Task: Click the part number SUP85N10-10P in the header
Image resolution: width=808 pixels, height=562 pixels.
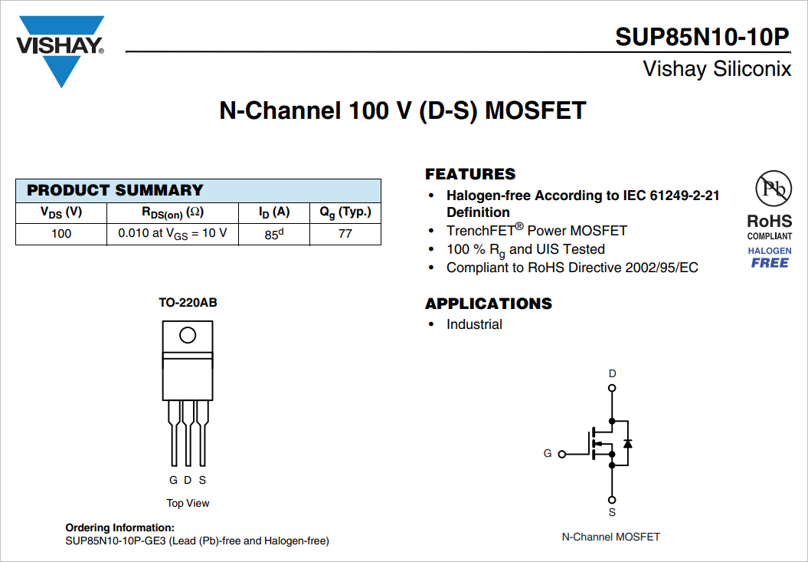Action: coord(702,37)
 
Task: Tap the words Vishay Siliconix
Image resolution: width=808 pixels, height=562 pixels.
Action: coord(717,69)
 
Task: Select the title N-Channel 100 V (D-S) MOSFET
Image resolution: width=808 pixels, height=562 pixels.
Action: coord(403,110)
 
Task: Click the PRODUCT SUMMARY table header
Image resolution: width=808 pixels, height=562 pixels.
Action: coord(115,190)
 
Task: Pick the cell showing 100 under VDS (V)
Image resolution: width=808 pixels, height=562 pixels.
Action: coord(61,233)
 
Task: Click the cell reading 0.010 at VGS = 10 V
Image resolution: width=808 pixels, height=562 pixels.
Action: coord(172,233)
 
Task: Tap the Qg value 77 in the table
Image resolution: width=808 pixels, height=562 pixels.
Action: coord(345,233)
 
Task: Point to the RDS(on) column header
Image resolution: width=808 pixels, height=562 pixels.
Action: coord(172,212)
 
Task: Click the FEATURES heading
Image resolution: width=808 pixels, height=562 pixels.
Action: coord(470,174)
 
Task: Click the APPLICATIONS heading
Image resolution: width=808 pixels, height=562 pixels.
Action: coord(489,304)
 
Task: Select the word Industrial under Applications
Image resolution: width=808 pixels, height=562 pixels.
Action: coord(474,324)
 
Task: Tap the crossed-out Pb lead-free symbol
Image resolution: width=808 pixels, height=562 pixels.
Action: coord(770,188)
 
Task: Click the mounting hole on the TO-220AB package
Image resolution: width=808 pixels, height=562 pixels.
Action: coord(188,335)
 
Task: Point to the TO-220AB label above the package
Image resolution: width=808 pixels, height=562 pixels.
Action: coord(188,303)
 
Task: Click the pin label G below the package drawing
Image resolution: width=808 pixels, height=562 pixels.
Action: coord(173,480)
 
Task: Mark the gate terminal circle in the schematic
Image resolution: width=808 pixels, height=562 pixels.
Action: coord(562,454)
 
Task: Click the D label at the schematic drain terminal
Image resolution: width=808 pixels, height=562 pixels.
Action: coord(612,373)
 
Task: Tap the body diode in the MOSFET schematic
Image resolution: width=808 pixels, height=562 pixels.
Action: coord(628,443)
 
